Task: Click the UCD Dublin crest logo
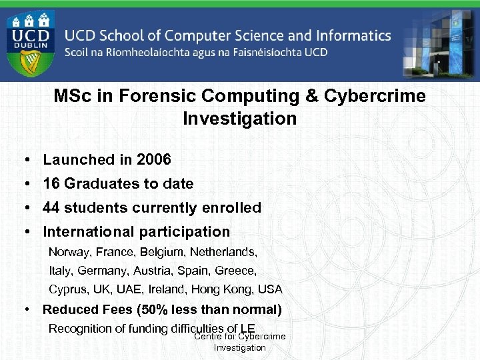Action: click(x=32, y=42)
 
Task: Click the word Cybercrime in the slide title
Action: click(x=375, y=96)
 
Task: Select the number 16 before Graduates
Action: click(x=51, y=184)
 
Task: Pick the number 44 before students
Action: click(x=51, y=208)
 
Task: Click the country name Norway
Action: click(x=69, y=253)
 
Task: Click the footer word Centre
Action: click(x=207, y=337)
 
